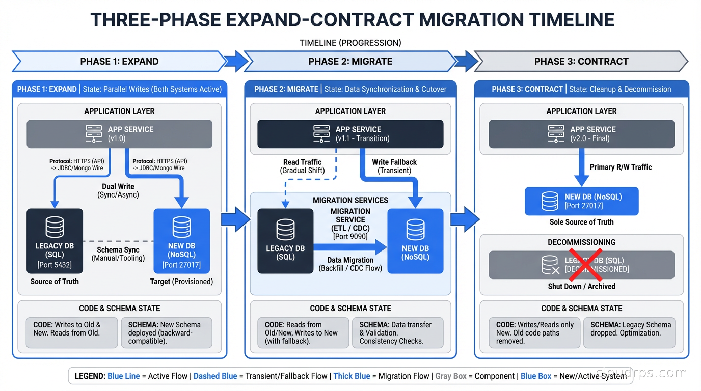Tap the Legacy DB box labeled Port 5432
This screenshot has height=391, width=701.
pyautogui.click(x=55, y=241)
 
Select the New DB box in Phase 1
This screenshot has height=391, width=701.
pyautogui.click(x=181, y=241)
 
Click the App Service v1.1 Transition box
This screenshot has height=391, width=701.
pyautogui.click(x=350, y=134)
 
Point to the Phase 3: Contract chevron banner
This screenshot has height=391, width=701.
pyautogui.click(x=581, y=61)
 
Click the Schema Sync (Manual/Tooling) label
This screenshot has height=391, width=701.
pyautogui.click(x=118, y=254)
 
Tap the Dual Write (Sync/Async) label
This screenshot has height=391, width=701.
pyautogui.click(x=118, y=190)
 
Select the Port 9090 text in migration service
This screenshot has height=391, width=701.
pyautogui.click(x=350, y=236)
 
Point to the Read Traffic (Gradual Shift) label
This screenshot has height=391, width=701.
pyautogui.click(x=303, y=166)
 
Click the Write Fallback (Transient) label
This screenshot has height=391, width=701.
pyautogui.click(x=394, y=166)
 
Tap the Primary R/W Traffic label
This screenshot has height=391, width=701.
pyautogui.click(x=621, y=167)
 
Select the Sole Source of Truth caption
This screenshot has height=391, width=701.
pyautogui.click(x=581, y=222)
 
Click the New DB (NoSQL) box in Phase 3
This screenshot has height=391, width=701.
pyautogui.click(x=581, y=201)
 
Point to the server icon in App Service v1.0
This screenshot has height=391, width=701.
pyautogui.click(x=94, y=134)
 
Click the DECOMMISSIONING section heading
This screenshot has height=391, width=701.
pyautogui.click(x=581, y=242)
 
